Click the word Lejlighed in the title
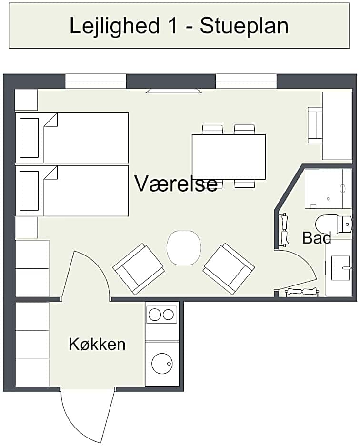click(114, 26)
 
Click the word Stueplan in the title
click(244, 26)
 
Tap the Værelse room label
click(176, 183)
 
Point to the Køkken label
click(97, 344)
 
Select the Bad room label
click(317, 238)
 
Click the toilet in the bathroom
click(334, 224)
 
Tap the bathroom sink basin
click(340, 268)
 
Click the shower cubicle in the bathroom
click(328, 189)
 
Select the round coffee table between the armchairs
click(184, 247)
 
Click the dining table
click(229, 157)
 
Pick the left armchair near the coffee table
click(139, 269)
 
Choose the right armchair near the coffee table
click(229, 269)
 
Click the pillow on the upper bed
click(29, 138)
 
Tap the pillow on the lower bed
click(29, 191)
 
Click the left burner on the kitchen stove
click(155, 315)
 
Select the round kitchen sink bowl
click(162, 364)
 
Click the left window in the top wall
click(96, 81)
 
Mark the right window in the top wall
click(246, 81)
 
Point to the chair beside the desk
click(315, 125)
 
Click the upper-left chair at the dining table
click(212, 130)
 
